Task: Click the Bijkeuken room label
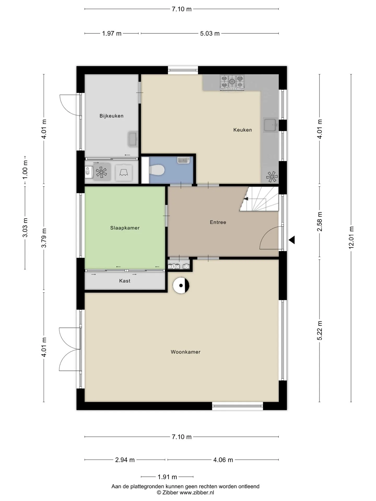111,116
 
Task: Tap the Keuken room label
243,130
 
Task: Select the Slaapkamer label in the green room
125,228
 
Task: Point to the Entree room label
218,222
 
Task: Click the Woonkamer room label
186,352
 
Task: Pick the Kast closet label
125,281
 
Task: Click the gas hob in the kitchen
232,82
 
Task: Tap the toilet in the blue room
156,170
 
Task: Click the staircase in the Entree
260,199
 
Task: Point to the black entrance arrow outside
292,240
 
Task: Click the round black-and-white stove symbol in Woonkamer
181,285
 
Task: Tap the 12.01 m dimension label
351,237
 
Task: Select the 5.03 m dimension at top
210,33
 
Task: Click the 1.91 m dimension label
167,477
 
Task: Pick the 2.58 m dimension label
320,222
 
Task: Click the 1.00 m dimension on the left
25,170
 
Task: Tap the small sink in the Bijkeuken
133,139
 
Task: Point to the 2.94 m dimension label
125,460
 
